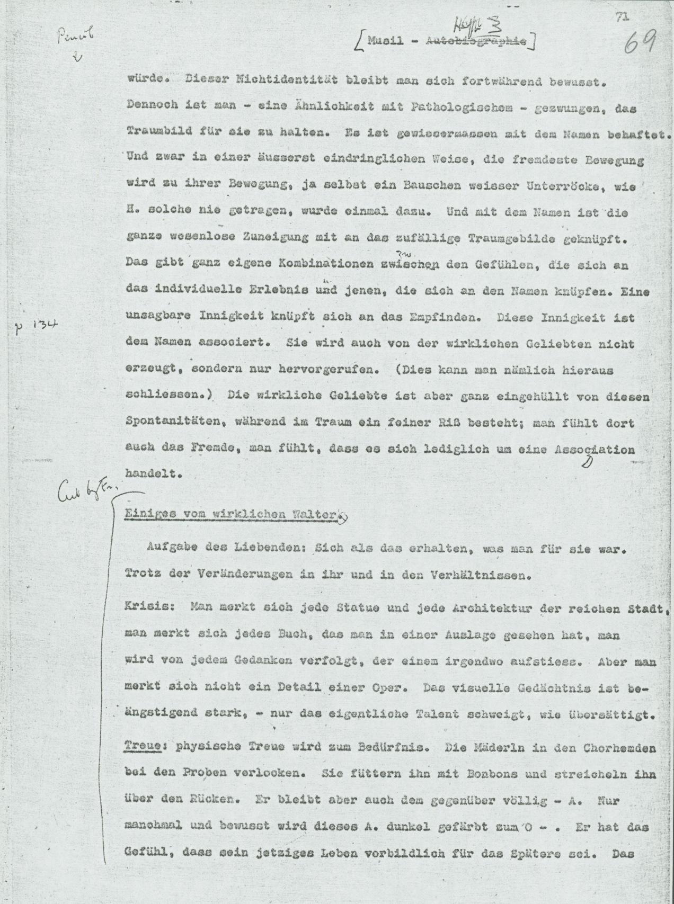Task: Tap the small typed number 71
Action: (623, 17)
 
